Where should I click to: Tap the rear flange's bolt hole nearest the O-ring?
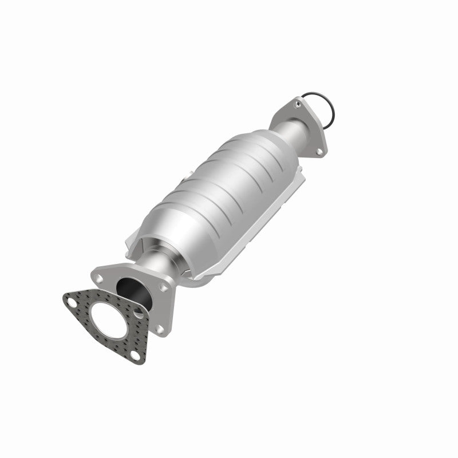(x=297, y=103)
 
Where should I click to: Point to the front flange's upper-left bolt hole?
(x=98, y=279)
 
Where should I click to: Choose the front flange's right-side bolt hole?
(x=164, y=287)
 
